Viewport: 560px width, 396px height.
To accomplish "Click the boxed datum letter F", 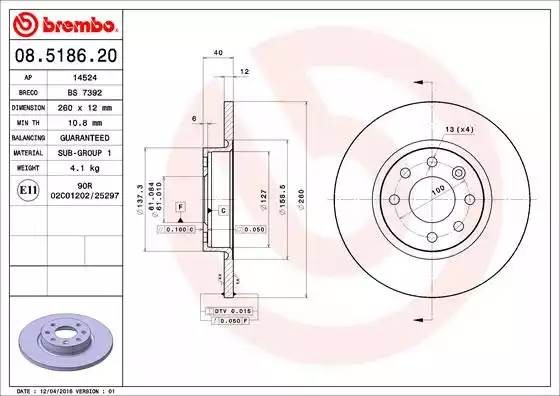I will pos(179,205).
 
